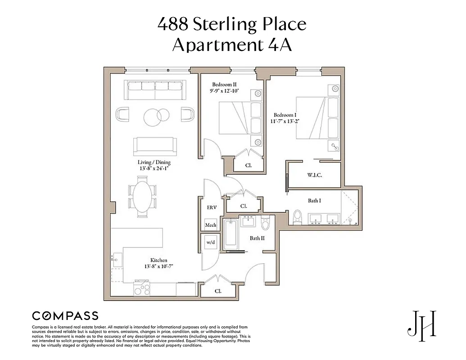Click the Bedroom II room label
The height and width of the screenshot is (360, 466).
click(x=225, y=85)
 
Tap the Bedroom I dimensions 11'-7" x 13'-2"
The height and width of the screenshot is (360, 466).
click(x=286, y=121)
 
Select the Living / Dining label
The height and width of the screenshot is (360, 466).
click(x=154, y=162)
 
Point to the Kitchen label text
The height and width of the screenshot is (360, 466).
click(x=158, y=260)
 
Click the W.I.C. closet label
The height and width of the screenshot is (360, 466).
click(x=315, y=175)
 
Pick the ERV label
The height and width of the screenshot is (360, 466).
click(x=211, y=207)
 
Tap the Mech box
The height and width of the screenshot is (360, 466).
click(x=211, y=225)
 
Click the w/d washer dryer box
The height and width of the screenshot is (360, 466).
click(x=211, y=242)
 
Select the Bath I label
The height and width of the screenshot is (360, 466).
click(x=314, y=201)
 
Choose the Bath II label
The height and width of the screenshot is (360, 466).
click(x=257, y=238)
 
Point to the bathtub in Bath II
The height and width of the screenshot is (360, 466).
click(x=231, y=233)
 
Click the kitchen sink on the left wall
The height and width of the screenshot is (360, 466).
click(x=117, y=260)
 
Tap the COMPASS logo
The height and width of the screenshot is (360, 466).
click(x=65, y=315)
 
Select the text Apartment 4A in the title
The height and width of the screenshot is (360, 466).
click(x=232, y=45)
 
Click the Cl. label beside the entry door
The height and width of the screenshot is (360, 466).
click(x=218, y=291)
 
